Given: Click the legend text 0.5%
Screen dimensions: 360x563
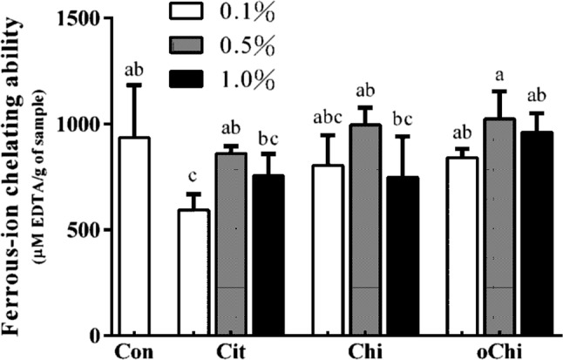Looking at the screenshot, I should tap(249, 46).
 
